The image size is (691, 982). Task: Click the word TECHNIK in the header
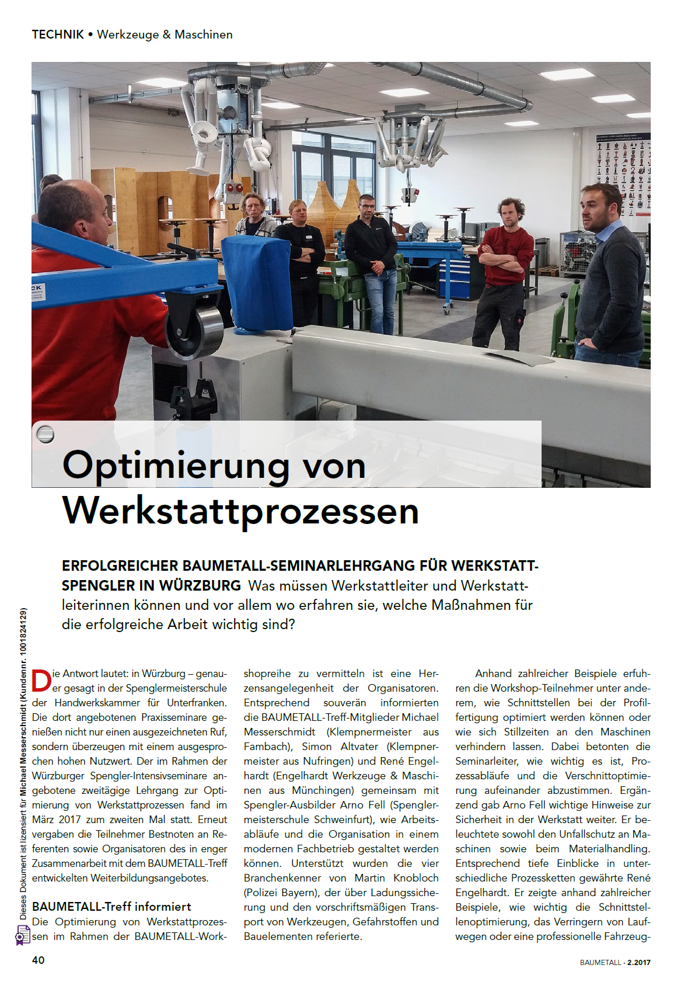point(58,34)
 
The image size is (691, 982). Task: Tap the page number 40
point(39,960)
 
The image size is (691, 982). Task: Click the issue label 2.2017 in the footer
point(639,962)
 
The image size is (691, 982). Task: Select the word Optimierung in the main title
point(175,466)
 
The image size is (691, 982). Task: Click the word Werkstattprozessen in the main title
point(240,511)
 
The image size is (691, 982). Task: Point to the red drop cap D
point(41,681)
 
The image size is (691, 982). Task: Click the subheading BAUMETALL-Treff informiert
point(111,906)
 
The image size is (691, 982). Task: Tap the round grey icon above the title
point(45,434)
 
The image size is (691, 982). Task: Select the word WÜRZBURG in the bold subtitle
point(200,585)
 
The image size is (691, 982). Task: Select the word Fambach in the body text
point(269,746)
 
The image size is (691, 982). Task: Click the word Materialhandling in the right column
point(609,848)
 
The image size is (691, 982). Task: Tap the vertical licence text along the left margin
point(23,759)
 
